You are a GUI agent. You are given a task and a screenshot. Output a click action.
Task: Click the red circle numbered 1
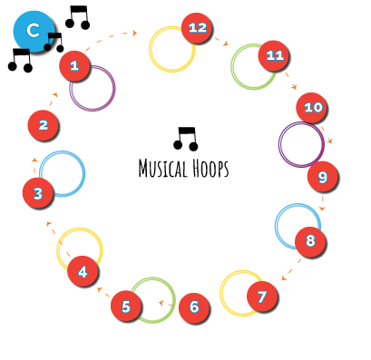pyautogui.click(x=74, y=65)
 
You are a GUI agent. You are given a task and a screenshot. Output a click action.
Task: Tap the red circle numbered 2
pyautogui.click(x=43, y=125)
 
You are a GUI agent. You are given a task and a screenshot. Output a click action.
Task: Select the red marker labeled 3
pyautogui.click(x=37, y=192)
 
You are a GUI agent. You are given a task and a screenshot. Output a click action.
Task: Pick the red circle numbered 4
pyautogui.click(x=83, y=271)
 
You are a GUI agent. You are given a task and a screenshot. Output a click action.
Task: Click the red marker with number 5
pyautogui.click(x=126, y=306)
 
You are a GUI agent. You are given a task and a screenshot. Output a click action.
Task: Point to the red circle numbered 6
pyautogui.click(x=193, y=308)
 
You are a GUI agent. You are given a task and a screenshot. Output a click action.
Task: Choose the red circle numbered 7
pyautogui.click(x=261, y=297)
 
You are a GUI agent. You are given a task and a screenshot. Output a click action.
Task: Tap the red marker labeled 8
pyautogui.click(x=310, y=241)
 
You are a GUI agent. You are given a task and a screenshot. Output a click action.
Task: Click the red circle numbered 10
pyautogui.click(x=311, y=108)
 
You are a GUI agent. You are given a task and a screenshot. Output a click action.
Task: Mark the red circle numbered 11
pyautogui.click(x=273, y=56)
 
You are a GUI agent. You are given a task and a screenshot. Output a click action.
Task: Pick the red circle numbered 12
pyautogui.click(x=196, y=28)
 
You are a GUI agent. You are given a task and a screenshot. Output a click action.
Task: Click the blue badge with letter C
pyautogui.click(x=34, y=31)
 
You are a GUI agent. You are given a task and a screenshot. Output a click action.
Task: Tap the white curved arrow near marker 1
pyautogui.click(x=111, y=40)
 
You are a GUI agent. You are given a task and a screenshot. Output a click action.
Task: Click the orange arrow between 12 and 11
pyautogui.click(x=221, y=42)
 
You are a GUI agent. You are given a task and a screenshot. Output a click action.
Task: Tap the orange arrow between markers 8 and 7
pyautogui.click(x=291, y=269)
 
